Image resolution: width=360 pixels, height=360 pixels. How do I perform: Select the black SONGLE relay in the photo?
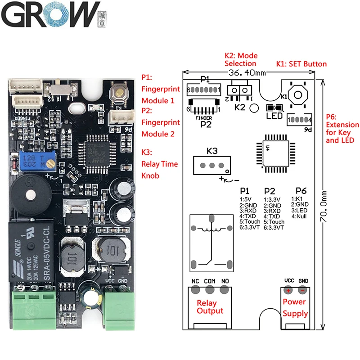(30, 252)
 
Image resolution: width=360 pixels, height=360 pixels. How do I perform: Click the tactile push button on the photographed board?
(120, 94)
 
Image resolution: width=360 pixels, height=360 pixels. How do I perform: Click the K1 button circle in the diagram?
(296, 95)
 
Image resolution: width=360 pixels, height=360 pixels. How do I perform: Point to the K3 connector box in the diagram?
(211, 165)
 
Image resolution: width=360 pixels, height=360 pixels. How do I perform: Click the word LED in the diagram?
(274, 116)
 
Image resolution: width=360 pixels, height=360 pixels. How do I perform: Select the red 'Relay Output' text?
(210, 307)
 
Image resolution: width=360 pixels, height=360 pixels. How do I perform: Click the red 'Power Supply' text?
(295, 308)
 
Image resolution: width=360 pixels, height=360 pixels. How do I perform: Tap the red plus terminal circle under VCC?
(288, 290)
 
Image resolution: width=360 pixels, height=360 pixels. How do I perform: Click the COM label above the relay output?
(210, 281)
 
